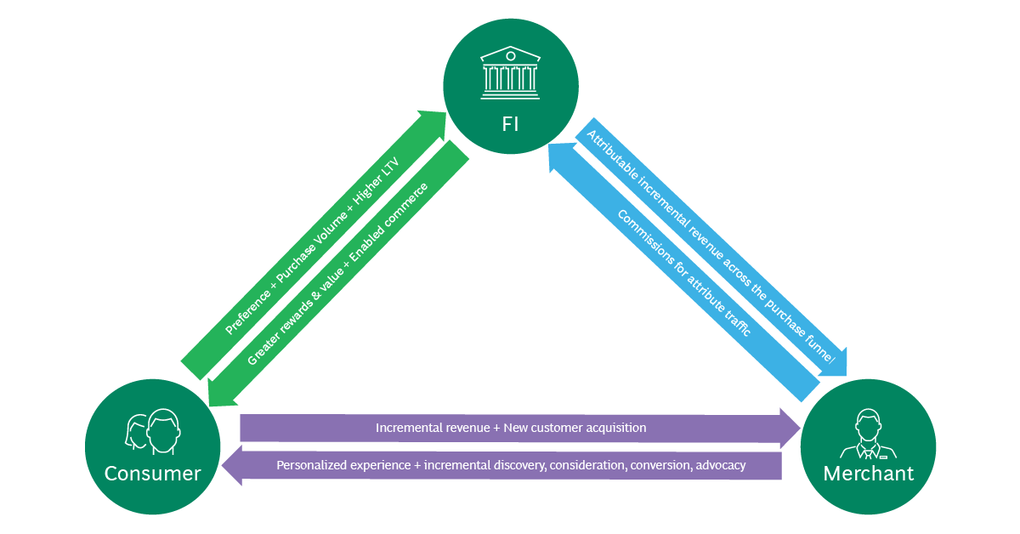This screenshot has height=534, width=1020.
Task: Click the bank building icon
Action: click(510, 71)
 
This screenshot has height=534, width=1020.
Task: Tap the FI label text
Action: click(510, 124)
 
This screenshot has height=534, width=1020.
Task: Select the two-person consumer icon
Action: click(154, 431)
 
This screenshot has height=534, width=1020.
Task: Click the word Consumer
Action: click(153, 474)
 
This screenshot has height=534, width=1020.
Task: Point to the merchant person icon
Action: click(867, 434)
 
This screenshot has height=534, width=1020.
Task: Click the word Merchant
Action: click(868, 474)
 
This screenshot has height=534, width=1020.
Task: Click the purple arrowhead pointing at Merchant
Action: click(788, 428)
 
